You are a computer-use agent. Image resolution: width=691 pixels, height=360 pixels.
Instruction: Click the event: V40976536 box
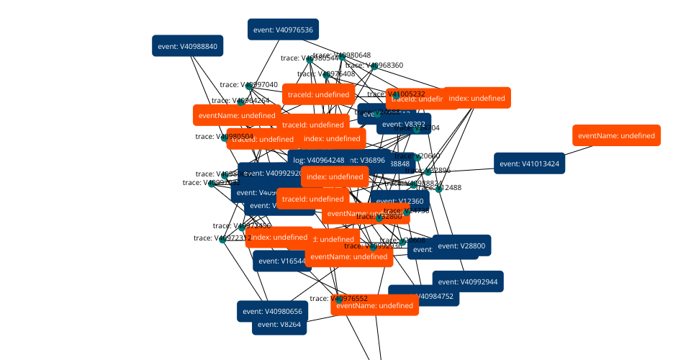[x=283, y=30]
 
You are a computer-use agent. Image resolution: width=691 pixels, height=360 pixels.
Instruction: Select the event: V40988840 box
[x=188, y=46]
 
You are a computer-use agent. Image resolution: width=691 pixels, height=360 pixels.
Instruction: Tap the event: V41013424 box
[x=529, y=164]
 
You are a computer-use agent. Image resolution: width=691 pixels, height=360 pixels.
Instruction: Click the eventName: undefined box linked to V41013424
[x=616, y=135]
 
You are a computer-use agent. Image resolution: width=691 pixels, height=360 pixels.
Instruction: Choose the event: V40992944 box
[x=468, y=282]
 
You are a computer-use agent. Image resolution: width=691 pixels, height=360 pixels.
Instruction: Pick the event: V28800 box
[x=461, y=246]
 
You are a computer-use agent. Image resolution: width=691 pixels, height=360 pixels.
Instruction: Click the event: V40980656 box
[x=273, y=312]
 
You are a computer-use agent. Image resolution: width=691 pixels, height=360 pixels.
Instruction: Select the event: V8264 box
[x=279, y=324]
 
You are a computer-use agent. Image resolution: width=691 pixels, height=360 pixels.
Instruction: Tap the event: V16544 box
[x=281, y=261]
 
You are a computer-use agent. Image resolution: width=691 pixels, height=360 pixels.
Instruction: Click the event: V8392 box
[x=404, y=124]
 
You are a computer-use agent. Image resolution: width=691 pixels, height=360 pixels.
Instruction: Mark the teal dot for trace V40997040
[x=250, y=86]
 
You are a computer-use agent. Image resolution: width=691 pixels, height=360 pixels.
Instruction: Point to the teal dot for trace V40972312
[x=223, y=239]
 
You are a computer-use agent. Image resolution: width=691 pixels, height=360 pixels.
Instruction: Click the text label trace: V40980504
[x=225, y=136]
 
